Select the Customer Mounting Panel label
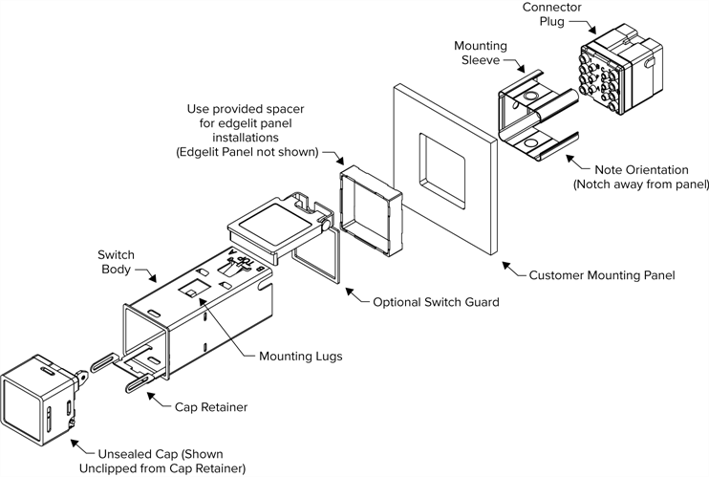tap(602, 275)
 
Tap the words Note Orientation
tap(636, 169)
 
